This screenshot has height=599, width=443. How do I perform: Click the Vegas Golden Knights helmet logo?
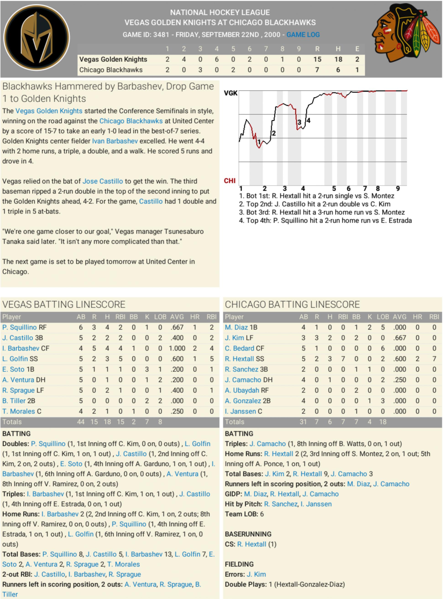coord(37,37)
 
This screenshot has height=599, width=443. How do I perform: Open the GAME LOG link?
coord(303,35)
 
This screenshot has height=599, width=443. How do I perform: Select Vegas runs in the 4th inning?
coord(216,59)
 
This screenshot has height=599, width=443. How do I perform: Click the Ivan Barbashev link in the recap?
coord(115,141)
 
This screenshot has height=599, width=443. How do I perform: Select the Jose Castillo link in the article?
coord(102,181)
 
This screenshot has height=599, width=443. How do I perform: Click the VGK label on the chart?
coord(231,93)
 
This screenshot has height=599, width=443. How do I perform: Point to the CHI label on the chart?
coord(230,181)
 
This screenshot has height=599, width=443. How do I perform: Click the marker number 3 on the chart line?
coord(299,122)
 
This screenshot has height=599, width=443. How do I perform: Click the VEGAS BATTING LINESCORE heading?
coord(64,304)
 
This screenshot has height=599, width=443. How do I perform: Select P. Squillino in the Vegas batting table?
coord(19,327)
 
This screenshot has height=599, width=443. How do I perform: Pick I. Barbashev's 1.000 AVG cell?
coord(177,348)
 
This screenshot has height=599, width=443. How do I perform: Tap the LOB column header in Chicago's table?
coord(383,317)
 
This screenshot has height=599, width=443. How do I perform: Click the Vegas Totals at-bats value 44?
coord(81,422)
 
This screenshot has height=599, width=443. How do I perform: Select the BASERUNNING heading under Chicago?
coord(248,534)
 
